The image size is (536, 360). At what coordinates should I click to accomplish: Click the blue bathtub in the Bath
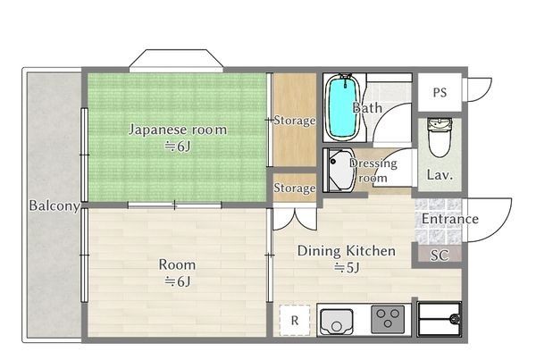coord(340,108)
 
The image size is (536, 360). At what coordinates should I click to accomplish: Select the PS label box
coord(440,92)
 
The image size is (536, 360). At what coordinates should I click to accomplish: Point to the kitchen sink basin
coord(337,319)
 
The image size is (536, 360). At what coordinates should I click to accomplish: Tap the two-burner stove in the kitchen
coord(389,318)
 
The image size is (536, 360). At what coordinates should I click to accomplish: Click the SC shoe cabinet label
coord(439,255)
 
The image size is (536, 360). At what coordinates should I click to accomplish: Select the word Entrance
coord(449,220)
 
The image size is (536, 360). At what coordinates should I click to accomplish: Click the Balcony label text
coord(54,206)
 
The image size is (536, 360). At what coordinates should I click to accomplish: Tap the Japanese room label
coord(178,130)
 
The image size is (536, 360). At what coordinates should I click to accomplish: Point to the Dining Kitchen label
coord(346,251)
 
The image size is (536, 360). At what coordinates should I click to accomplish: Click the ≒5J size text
coord(346,268)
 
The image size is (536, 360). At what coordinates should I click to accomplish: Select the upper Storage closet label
coord(295,120)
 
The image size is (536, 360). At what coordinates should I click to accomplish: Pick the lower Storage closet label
coord(295,188)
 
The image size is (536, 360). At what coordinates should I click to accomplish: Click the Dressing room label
coord(373,171)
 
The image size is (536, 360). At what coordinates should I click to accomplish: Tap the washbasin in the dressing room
coord(339,171)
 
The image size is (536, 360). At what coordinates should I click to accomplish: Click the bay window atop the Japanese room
coord(174,61)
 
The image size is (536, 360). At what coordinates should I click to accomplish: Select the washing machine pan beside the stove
coord(439,318)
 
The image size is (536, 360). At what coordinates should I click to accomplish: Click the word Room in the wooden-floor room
coord(176,264)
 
